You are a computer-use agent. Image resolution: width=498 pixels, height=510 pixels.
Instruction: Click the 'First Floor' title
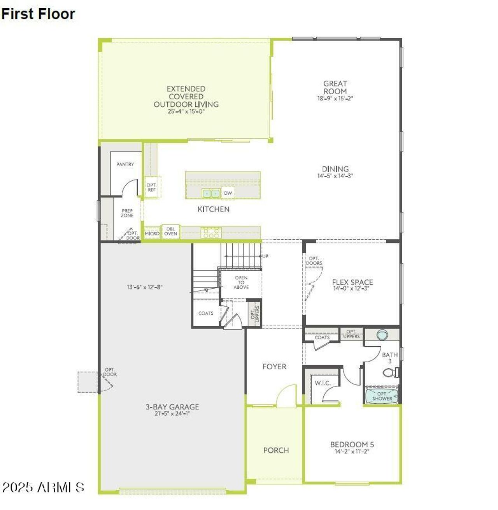38,14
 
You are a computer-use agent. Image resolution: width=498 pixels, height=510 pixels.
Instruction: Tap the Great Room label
335,87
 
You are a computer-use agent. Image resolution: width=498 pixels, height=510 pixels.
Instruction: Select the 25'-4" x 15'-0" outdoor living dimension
186,111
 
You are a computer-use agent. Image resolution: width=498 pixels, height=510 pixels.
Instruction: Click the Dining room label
335,169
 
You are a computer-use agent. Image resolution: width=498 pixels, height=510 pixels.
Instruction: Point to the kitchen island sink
211,193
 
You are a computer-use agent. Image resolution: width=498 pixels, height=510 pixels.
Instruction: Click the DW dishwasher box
228,193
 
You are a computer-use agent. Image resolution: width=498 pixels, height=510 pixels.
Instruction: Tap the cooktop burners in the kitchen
210,233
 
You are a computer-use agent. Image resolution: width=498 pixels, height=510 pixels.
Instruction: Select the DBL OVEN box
170,231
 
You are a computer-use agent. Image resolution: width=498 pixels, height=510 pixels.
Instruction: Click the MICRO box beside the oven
152,233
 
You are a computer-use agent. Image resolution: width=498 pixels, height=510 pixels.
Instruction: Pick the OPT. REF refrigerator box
151,187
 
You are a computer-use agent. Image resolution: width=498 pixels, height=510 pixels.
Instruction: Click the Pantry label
125,164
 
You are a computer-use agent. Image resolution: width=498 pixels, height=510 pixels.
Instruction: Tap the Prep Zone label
127,213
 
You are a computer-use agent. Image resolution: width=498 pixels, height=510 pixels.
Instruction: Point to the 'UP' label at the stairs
265,256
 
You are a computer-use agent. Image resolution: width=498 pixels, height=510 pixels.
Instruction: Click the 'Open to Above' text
241,282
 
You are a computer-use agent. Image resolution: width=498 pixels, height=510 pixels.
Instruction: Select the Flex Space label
352,282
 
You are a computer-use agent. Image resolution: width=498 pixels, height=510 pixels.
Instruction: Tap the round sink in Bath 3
382,335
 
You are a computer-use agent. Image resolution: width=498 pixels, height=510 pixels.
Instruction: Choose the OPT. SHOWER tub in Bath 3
382,396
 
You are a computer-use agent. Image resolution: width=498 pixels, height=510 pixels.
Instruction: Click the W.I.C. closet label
323,383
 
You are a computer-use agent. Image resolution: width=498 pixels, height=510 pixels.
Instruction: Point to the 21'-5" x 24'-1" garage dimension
172,413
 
